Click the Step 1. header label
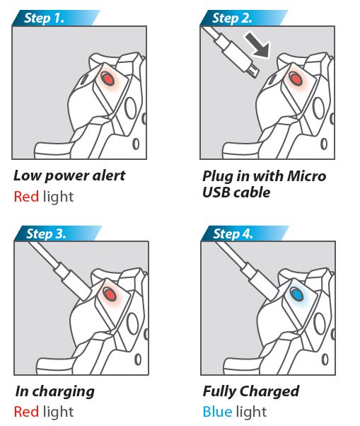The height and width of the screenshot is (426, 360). coord(44,18)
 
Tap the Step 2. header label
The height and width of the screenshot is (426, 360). coord(232,18)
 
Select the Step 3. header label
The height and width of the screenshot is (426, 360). coord(46,234)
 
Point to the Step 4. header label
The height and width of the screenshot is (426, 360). coord(233,234)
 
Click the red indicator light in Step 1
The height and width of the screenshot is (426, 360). coord(108,79)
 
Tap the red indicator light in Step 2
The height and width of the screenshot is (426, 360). coord(296,79)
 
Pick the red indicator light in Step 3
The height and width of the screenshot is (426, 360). coord(110,294)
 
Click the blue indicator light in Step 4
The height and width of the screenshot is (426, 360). coord(297,294)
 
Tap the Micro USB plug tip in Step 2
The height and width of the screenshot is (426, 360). coord(254,71)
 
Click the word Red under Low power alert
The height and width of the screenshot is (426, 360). coord(26,197)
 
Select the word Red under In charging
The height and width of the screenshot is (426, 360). coord(26,412)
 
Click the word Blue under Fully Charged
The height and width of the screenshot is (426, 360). coord(217,412)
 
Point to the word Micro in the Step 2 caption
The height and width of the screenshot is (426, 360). coord(306,176)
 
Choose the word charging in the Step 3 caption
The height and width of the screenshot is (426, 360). coord(64,392)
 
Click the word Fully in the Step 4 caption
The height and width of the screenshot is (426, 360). coord(219,391)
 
